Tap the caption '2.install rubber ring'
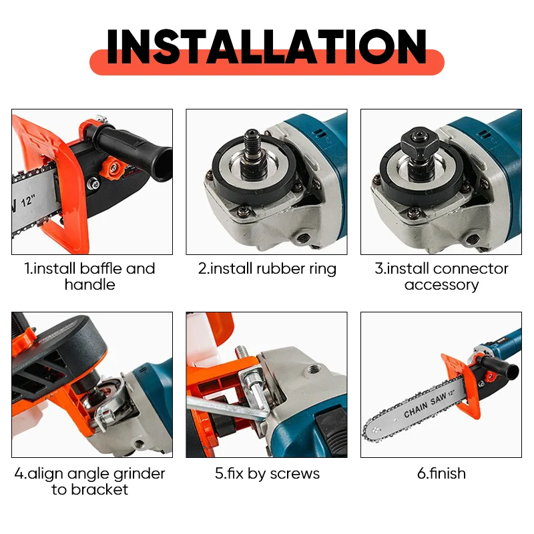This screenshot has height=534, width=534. point(267,269)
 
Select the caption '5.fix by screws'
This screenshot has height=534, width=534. point(267,474)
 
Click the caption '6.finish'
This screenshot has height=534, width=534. point(441,474)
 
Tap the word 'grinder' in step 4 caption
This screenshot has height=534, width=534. point(138,474)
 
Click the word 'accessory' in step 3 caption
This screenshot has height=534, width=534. point(441,285)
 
